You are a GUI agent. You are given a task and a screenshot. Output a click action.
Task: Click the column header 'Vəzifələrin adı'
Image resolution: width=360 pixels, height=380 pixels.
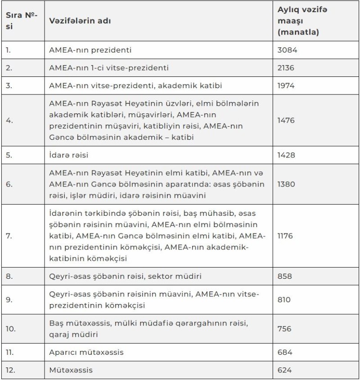coord(80,21)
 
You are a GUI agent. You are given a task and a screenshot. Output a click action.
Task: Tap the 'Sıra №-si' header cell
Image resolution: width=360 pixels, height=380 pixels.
coord(22,21)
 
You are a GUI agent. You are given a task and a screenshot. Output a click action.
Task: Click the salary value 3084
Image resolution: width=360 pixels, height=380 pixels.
coord(288,50)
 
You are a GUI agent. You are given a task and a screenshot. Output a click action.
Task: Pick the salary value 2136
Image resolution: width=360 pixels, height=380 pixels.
coord(288,68)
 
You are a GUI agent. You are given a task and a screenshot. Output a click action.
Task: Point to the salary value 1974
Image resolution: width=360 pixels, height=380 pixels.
coord(288,86)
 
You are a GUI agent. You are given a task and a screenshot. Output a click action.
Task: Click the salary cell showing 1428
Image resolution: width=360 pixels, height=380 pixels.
coord(288,155)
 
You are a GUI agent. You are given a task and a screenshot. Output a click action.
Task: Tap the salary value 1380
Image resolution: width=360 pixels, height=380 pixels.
coord(288,184)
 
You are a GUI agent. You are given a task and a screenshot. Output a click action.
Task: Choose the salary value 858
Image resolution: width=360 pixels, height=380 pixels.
coord(286,276)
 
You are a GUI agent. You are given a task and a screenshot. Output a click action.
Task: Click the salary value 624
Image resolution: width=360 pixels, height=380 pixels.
coord(285,370)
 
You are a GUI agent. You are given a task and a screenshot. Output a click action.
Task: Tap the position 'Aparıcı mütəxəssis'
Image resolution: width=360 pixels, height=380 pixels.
coord(86,352)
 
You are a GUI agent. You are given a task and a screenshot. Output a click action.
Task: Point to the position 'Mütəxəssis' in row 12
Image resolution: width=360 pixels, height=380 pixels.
coord(71,370)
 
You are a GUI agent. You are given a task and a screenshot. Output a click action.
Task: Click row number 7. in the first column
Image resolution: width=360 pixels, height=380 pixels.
coord(9,236)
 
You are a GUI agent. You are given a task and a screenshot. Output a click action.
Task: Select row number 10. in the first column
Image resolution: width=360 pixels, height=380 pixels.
coord(10,329)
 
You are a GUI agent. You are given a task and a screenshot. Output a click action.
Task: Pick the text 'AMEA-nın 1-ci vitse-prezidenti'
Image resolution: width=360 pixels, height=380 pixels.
coord(109,68)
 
